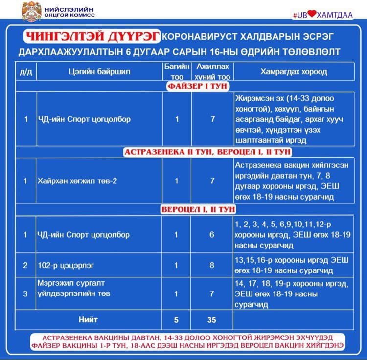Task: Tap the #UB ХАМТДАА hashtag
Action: (x=322, y=15)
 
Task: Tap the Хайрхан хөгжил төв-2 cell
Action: (x=77, y=181)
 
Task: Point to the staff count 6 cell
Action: (x=212, y=235)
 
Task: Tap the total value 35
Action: (x=212, y=320)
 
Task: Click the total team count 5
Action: (x=177, y=320)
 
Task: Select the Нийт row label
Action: (x=88, y=320)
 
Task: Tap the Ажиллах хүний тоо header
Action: (x=212, y=71)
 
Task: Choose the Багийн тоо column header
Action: (x=177, y=71)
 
